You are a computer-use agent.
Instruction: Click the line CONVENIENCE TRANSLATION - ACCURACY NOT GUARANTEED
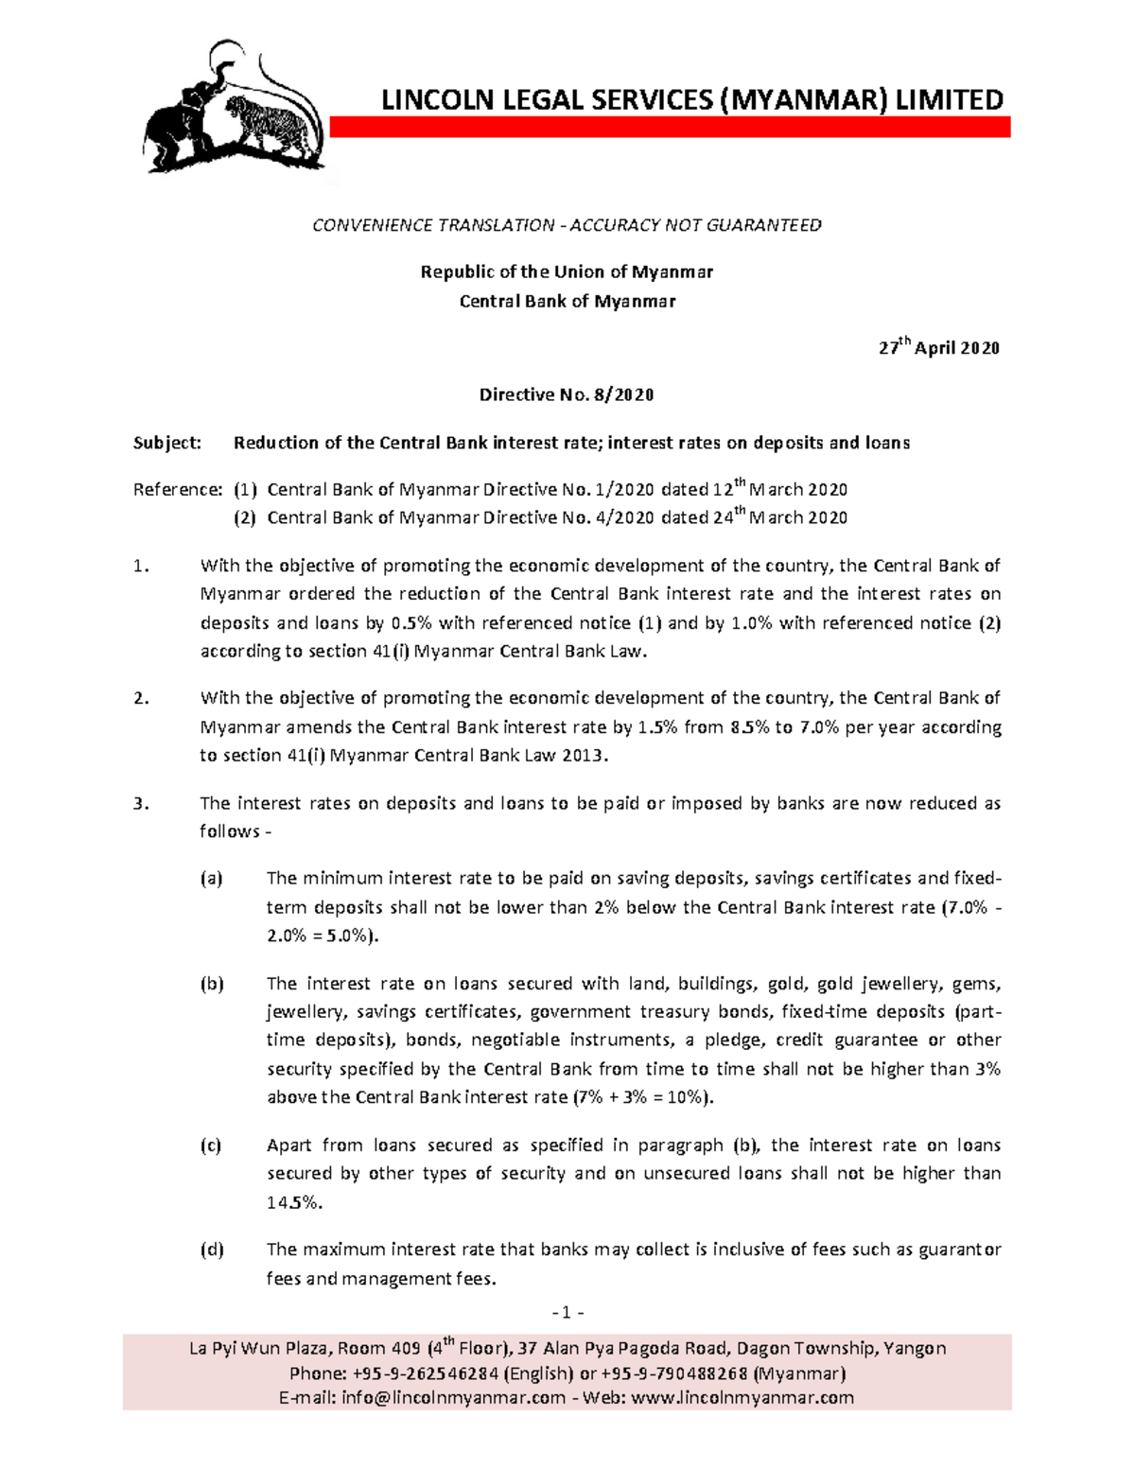567,225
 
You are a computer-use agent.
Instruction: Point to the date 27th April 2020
938,347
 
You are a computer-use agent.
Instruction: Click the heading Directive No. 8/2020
567,394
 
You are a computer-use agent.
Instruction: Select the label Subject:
167,443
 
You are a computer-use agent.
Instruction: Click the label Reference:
178,490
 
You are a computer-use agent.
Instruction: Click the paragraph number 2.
141,699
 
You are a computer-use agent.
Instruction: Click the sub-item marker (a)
211,879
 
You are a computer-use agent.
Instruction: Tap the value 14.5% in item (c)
294,1203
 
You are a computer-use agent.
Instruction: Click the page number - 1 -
567,1313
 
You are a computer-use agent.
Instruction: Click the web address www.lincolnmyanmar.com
742,1397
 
